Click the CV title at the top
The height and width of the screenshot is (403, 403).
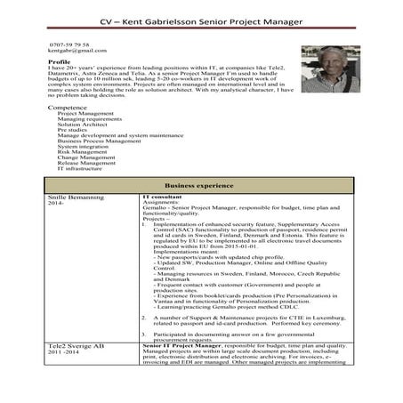pos(201,20)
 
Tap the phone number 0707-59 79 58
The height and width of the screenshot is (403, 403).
pos(69,44)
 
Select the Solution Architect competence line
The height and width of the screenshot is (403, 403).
pos(82,125)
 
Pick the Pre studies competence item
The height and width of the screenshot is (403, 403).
pos(72,130)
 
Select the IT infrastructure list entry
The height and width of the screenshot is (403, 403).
pos(79,168)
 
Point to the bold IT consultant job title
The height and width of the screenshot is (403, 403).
pos(162,196)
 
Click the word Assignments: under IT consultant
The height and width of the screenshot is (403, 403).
pos(161,202)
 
